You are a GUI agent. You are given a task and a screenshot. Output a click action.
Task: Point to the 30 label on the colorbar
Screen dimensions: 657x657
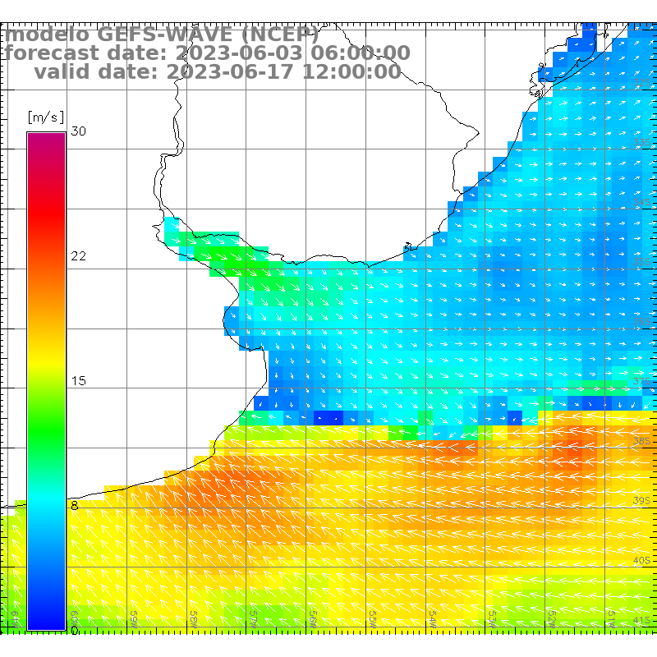[79, 131]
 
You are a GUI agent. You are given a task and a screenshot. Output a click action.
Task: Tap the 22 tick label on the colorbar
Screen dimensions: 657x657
[79, 256]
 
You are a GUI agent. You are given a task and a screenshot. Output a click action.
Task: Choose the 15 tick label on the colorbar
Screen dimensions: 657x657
[79, 381]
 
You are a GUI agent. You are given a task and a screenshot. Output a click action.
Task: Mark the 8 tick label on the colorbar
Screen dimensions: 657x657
[75, 506]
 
